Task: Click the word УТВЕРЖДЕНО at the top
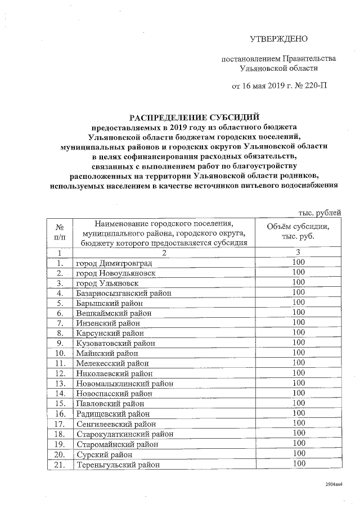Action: pos(279,39)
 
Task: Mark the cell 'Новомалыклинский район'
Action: pos(124,384)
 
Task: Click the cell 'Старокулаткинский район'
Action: pos(124,434)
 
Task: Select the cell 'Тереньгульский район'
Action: pos(118,465)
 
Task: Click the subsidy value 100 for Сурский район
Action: pos(299,454)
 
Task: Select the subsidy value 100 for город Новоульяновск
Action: pos(299,272)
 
